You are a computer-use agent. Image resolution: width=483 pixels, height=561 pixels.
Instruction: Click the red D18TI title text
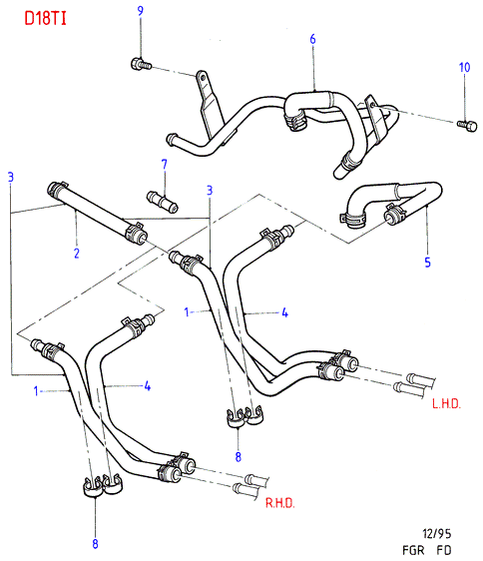46,18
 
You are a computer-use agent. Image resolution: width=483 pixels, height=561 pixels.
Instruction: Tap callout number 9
141,10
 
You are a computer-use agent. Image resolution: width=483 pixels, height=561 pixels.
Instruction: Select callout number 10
464,67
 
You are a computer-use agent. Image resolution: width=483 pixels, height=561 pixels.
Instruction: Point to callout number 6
312,39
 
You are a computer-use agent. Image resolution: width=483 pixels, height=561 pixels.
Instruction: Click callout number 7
165,165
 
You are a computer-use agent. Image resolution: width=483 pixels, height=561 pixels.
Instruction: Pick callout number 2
77,254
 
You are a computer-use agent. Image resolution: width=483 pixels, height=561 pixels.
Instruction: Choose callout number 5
427,263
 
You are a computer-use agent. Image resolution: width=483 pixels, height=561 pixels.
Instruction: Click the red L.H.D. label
446,404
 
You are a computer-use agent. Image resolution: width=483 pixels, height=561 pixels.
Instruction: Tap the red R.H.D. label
279,503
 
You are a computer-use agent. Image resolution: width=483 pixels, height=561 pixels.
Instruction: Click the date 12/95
437,534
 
